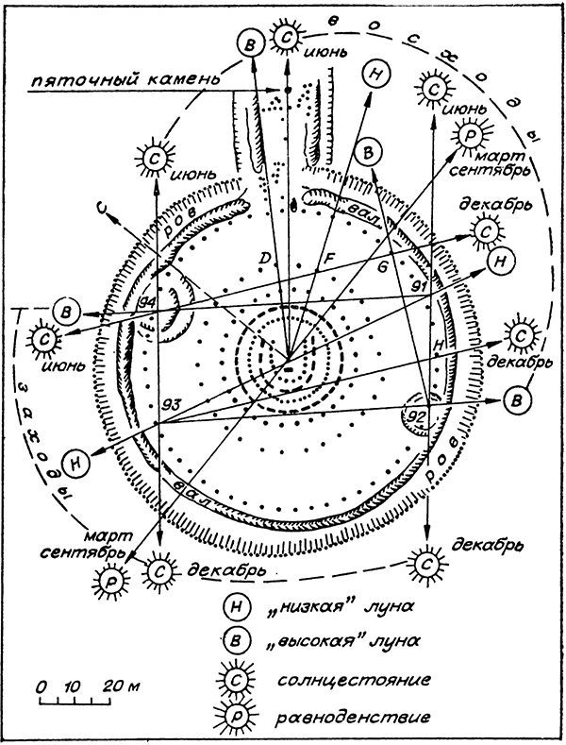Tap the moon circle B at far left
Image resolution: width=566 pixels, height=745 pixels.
pos(67,311)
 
